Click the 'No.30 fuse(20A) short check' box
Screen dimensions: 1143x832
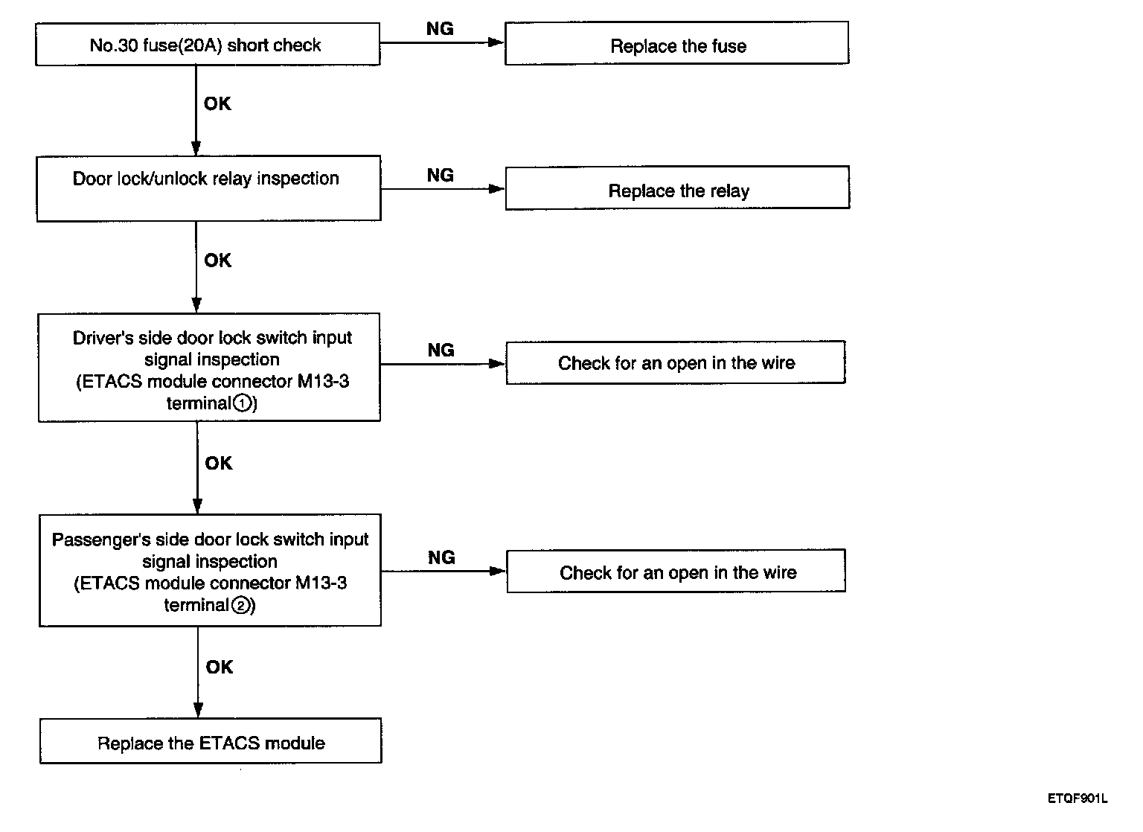(207, 45)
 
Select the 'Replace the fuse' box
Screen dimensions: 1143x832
(676, 43)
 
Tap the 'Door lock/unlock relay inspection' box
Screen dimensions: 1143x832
(208, 188)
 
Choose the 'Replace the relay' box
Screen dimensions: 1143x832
(678, 188)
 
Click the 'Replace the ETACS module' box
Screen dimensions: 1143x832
(211, 740)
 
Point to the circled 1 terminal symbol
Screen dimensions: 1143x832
(243, 404)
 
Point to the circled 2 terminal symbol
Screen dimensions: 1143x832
(240, 606)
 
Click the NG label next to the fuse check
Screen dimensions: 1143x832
(440, 28)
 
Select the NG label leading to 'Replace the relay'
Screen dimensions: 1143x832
(441, 175)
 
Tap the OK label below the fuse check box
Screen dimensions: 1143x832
(217, 103)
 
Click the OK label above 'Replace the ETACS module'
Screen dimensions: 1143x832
(220, 667)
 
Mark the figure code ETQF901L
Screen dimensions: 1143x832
(1078, 799)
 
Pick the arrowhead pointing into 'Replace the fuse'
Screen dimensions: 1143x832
(496, 42)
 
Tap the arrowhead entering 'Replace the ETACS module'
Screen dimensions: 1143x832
(199, 710)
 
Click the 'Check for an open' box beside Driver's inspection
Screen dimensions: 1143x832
(676, 362)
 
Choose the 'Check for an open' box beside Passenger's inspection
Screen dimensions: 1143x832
(676, 572)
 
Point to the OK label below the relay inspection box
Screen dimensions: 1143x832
(218, 260)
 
